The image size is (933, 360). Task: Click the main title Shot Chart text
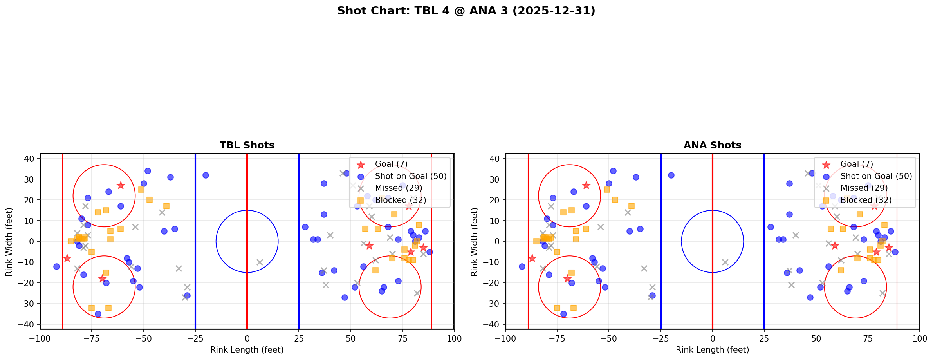point(466,11)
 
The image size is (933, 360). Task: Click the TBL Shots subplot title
point(247,145)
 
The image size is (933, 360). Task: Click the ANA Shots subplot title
point(712,145)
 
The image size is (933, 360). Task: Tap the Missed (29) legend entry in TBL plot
point(398,188)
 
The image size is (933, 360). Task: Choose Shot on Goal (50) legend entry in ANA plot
point(876,176)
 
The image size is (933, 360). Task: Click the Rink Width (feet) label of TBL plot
point(9,241)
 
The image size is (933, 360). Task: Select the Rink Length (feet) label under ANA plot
point(712,350)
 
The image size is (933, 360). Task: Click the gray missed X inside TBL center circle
point(260,262)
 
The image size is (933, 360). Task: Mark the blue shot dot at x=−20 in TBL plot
point(206,175)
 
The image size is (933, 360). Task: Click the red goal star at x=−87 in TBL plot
point(67,258)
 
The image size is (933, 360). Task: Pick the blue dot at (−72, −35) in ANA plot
point(563,314)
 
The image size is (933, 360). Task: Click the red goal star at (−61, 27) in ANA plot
point(586,185)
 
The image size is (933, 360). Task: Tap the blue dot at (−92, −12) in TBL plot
point(56,266)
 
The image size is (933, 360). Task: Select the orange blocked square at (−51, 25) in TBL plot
point(141,190)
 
